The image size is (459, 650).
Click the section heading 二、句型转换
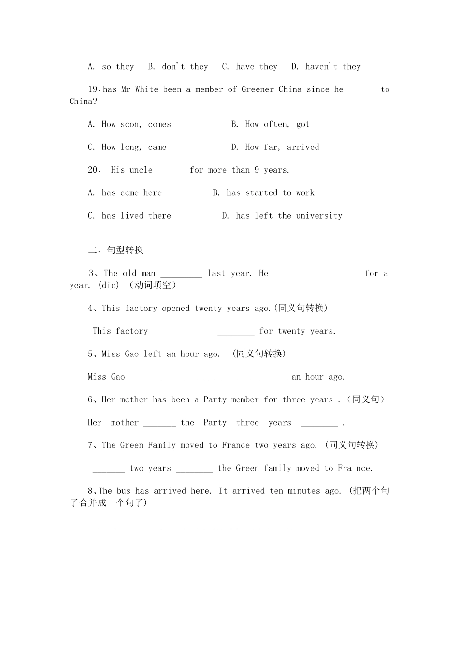click(116, 251)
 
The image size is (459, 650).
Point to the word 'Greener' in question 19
click(258, 89)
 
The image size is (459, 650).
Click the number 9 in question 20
click(257, 170)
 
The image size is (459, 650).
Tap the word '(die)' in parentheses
click(108, 285)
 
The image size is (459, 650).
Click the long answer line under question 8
click(192, 528)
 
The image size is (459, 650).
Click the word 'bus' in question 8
click(124, 491)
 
